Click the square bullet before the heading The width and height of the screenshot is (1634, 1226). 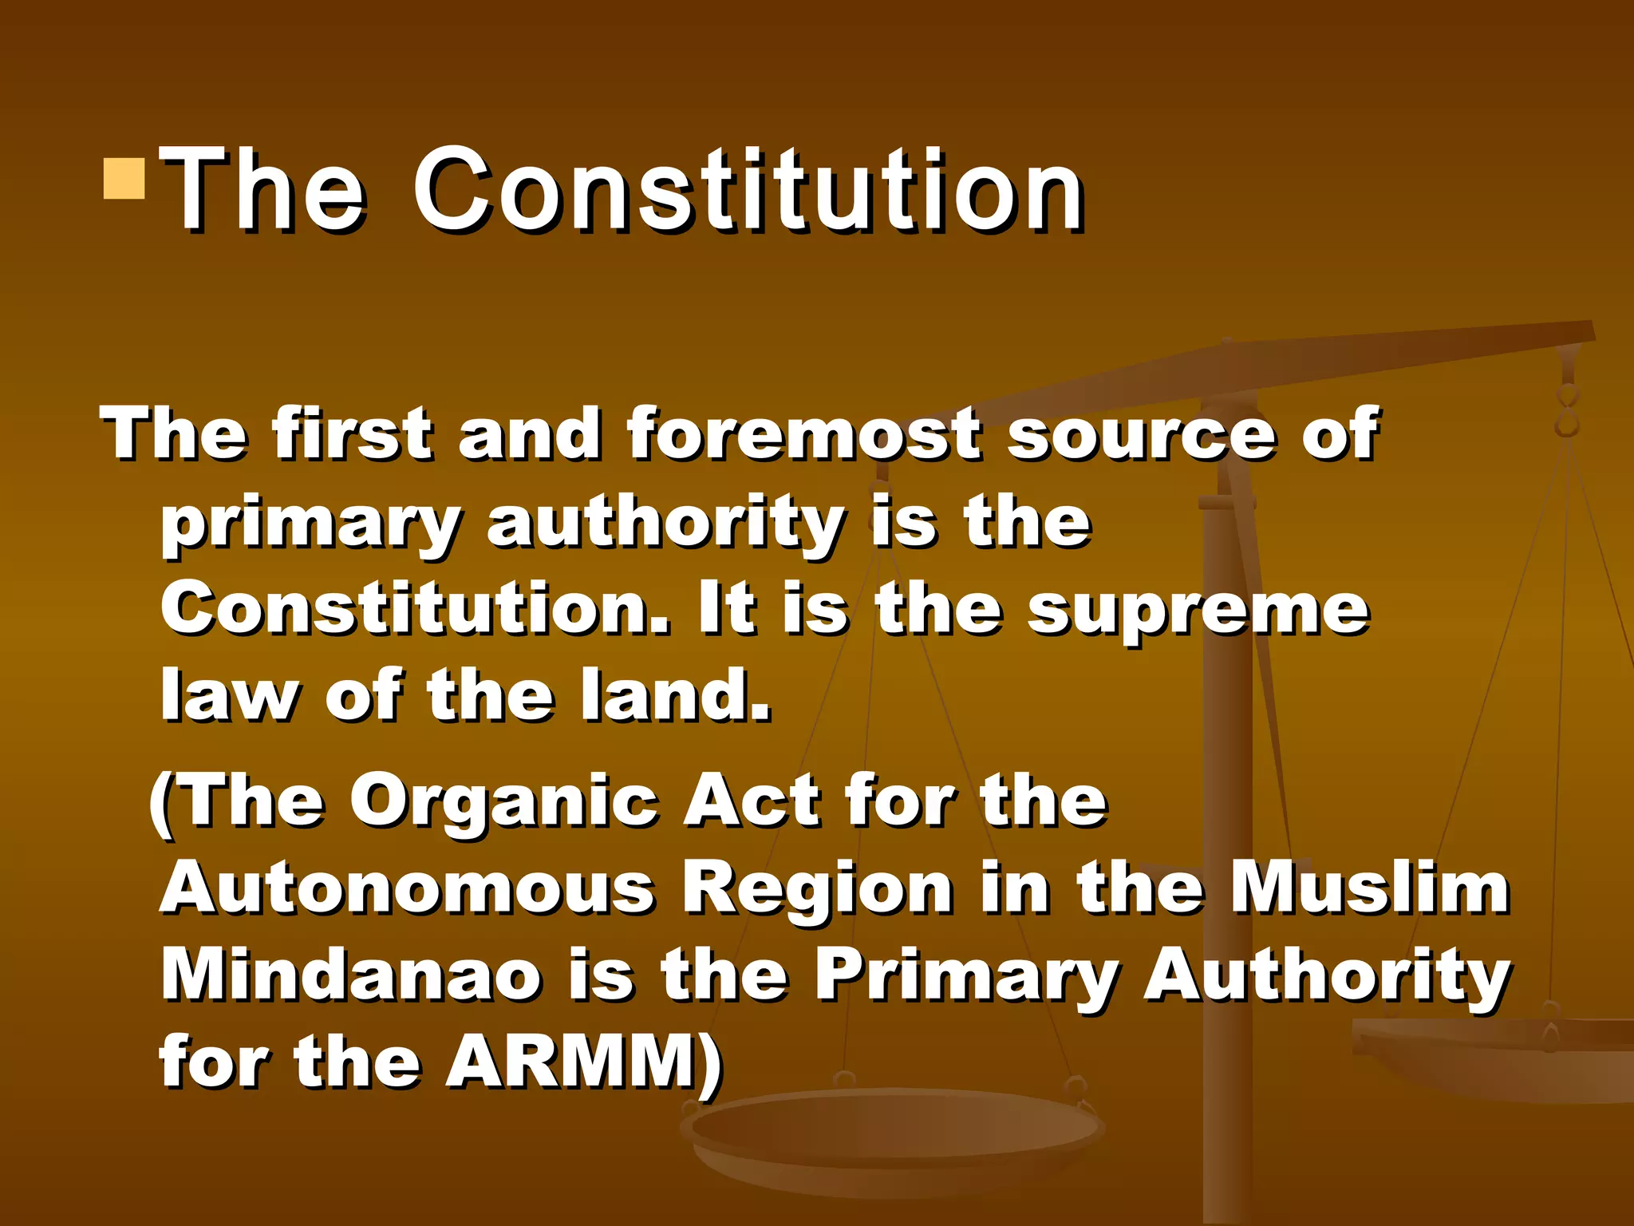(124, 178)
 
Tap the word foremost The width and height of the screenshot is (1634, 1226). (803, 435)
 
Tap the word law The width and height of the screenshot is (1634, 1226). (229, 696)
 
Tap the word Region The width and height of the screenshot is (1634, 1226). (818, 889)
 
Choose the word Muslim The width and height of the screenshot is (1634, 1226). (1369, 889)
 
